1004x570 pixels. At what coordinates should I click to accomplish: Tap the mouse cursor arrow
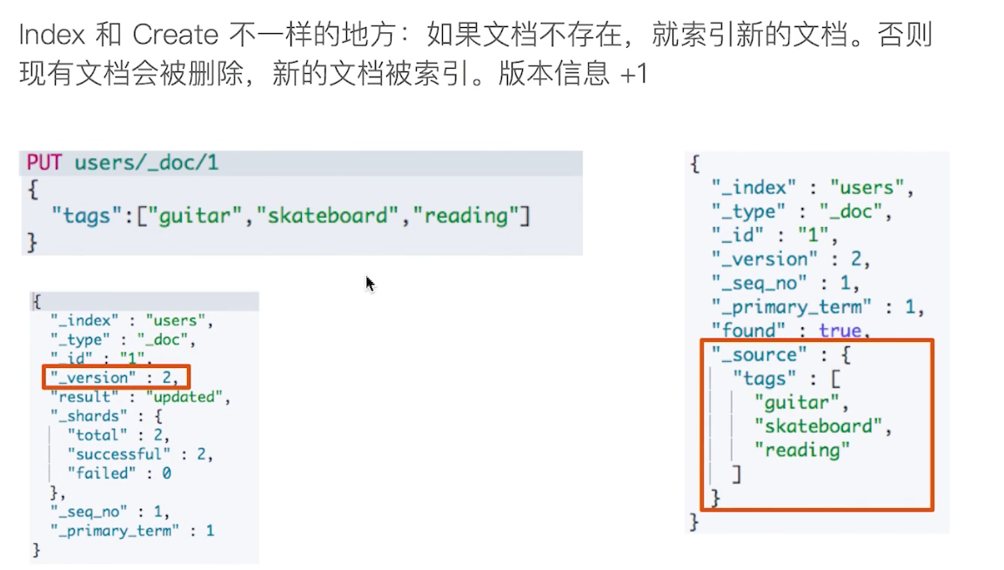tap(370, 284)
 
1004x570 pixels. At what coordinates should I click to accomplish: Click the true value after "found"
tap(840, 331)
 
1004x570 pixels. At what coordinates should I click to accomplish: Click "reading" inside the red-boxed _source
tap(800, 450)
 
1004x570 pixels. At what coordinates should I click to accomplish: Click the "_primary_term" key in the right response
tap(791, 306)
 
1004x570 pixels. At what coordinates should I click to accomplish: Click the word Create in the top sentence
tap(175, 35)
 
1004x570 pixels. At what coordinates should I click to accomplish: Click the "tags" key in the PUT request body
tap(86, 215)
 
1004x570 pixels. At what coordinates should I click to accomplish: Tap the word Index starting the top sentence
tap(51, 35)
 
